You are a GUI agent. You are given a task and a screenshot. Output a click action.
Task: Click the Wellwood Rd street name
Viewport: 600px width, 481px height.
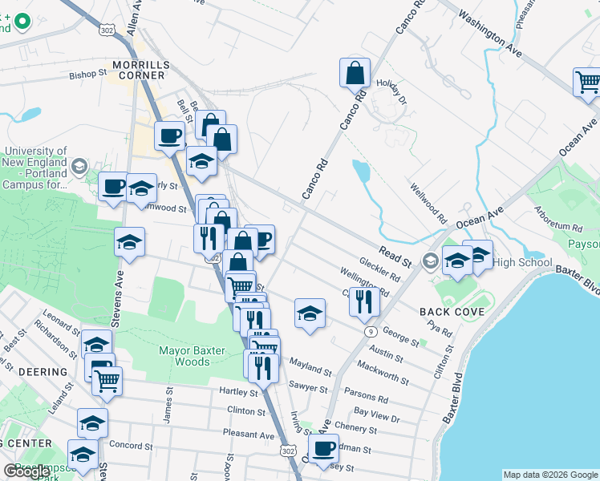coord(428,204)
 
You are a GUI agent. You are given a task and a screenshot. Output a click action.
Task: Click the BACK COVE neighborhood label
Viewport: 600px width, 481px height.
coord(450,311)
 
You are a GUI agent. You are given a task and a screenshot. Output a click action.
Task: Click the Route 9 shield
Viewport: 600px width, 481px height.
coord(370,331)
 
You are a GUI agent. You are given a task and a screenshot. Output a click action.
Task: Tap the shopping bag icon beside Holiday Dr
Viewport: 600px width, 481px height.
coord(354,73)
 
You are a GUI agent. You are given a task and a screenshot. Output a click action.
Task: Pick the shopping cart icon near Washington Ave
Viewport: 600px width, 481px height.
coord(587,82)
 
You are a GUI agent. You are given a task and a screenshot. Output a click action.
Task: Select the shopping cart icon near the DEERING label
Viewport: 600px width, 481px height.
coord(107,380)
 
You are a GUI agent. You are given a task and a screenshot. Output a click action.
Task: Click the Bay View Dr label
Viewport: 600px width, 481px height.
coord(376,414)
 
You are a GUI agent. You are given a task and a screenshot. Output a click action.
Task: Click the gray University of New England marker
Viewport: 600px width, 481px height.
coord(79,167)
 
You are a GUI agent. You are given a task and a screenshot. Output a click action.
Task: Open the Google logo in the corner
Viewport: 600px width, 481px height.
coord(26,471)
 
